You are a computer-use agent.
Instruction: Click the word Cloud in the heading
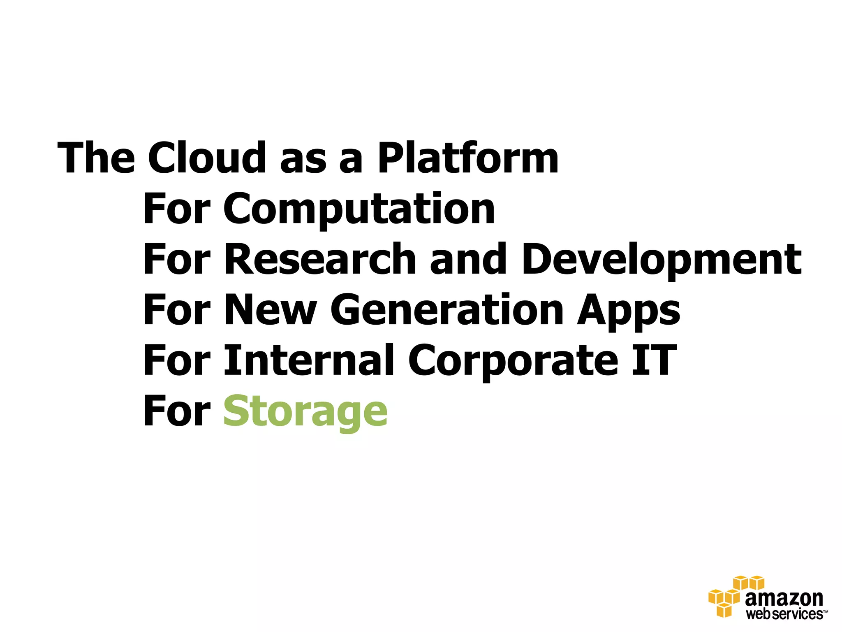coord(207,158)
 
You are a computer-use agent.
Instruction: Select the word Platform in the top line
coord(468,158)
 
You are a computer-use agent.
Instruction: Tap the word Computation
coord(359,209)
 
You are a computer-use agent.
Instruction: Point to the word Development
coord(661,260)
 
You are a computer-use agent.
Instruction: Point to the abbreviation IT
coord(654,360)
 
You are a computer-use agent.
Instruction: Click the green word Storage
coord(305,412)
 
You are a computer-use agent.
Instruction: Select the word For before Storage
coord(177,411)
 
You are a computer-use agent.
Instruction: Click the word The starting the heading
coord(96,158)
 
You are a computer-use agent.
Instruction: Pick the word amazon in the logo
coord(784,599)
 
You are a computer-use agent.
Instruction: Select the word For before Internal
coord(177,360)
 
